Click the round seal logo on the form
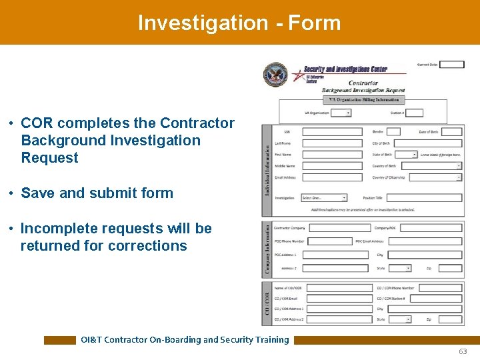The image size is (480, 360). coord(275,75)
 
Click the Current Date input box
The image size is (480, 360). coord(451,65)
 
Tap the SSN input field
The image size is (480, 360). coord(332,132)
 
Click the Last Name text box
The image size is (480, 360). coord(332,143)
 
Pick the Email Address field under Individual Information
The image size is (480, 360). coord(332,177)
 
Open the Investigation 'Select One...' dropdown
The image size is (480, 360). coord(324,198)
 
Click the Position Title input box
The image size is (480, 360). coord(424,198)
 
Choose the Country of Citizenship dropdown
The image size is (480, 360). coord(435,177)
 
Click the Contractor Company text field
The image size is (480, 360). coord(339,228)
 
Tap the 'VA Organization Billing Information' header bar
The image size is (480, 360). coord(363,100)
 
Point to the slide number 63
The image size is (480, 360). coord(463,351)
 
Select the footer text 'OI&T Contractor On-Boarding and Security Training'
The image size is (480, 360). coord(185,339)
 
